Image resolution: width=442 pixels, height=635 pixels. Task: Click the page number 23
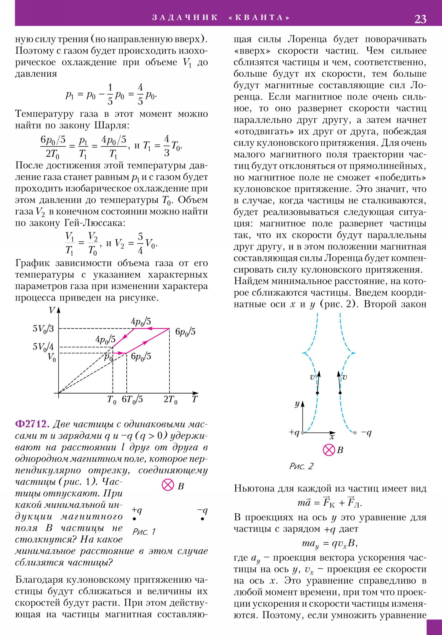tap(420, 19)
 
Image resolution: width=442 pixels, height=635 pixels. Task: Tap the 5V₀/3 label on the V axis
tap(43, 329)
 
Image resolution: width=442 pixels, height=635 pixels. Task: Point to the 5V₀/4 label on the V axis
tap(43, 347)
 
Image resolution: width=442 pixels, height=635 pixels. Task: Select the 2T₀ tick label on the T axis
tap(170, 400)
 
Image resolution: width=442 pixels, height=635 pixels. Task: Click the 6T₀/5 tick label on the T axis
tap(132, 400)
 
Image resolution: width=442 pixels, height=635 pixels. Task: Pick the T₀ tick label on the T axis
tap(112, 400)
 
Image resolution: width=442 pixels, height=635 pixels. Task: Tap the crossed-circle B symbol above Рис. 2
tap(329, 450)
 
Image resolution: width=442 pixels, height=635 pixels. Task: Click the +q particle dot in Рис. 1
tap(134, 519)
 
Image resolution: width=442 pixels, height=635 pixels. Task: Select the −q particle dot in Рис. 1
tap(202, 519)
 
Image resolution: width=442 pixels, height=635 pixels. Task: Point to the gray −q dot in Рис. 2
tap(355, 433)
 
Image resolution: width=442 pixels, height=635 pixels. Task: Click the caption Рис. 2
tap(301, 466)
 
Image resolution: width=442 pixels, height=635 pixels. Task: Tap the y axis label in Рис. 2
tap(297, 404)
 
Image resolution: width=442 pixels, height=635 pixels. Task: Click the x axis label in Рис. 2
tap(332, 437)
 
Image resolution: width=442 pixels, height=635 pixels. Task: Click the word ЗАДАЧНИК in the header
tap(185, 18)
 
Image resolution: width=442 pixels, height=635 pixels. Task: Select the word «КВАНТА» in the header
tap(259, 18)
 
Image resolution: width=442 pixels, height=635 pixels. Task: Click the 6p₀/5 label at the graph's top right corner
tap(185, 332)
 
